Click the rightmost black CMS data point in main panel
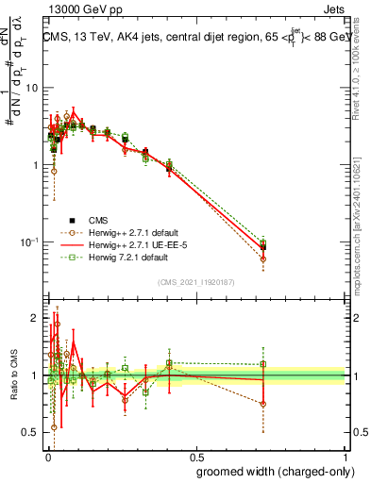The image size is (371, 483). [263, 247]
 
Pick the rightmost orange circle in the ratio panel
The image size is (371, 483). [263, 404]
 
